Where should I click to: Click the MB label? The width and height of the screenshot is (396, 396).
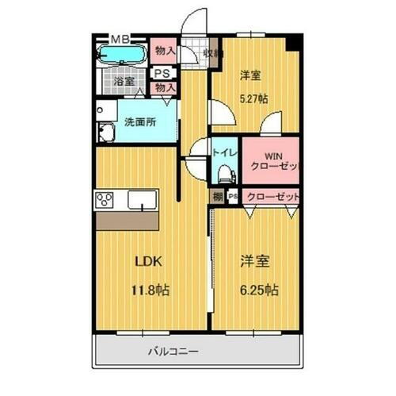120,37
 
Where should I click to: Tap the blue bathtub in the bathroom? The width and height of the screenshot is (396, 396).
120,56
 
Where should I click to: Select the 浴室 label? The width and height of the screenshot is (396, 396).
124,82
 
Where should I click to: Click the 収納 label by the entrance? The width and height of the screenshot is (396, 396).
211,53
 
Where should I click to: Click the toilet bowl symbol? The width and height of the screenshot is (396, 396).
223,171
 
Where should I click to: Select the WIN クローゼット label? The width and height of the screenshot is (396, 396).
269,161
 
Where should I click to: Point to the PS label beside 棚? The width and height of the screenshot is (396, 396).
233,197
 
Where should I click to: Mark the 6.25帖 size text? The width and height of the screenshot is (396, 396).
255,290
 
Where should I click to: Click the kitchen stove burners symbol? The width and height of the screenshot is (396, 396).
106,198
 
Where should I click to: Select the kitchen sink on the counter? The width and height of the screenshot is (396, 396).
143,200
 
